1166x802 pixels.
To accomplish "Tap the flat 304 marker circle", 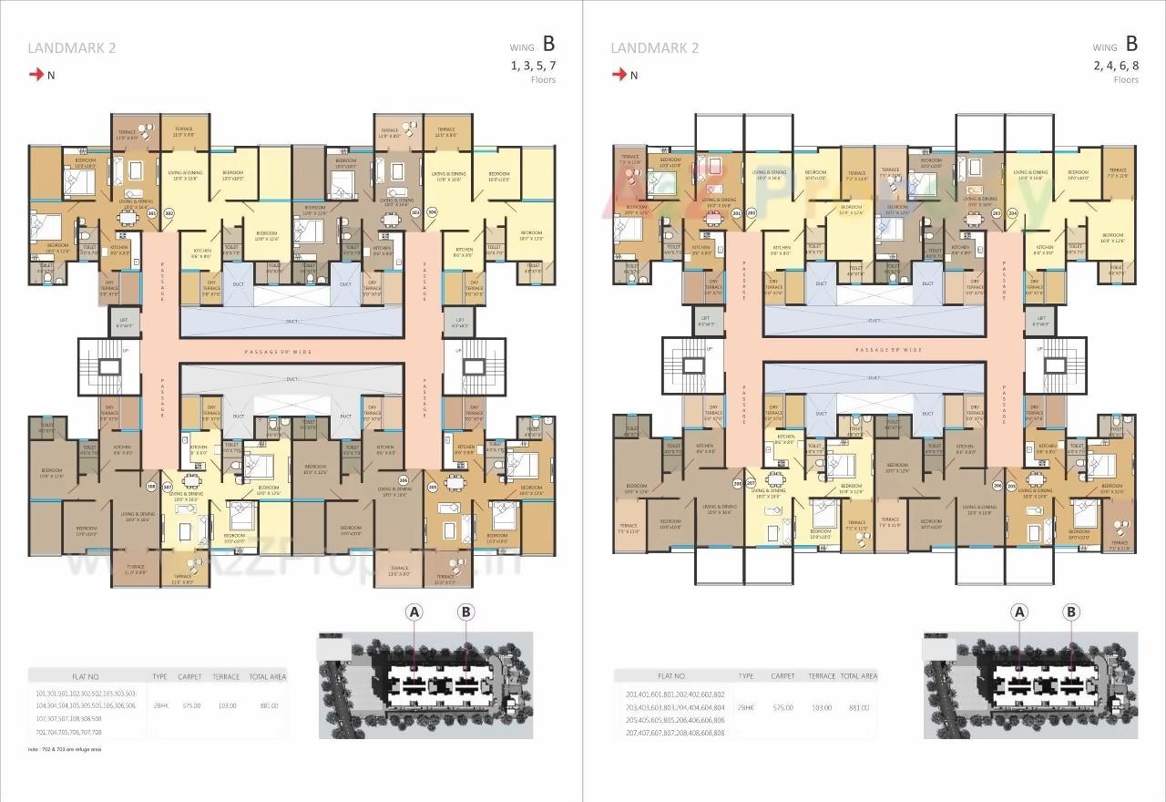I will tap(432, 212).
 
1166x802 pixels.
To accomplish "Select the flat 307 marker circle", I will tap(167, 487).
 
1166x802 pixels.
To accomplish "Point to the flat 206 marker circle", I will tap(997, 487).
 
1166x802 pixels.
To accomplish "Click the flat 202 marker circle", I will tap(752, 212).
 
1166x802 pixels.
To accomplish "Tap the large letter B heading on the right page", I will tap(1131, 44).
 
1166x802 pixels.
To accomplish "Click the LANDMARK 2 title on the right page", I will tap(654, 48).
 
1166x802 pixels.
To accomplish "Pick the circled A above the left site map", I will tap(414, 612).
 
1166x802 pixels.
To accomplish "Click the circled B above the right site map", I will tap(1071, 612).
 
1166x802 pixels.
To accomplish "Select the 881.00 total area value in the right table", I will tap(859, 707).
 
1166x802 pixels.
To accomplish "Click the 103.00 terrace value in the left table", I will tap(227, 705).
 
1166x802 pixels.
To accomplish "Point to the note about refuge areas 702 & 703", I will tap(65, 749).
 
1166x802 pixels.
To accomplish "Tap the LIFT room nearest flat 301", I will tap(123, 321).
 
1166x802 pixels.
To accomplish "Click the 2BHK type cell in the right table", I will tap(746, 707).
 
